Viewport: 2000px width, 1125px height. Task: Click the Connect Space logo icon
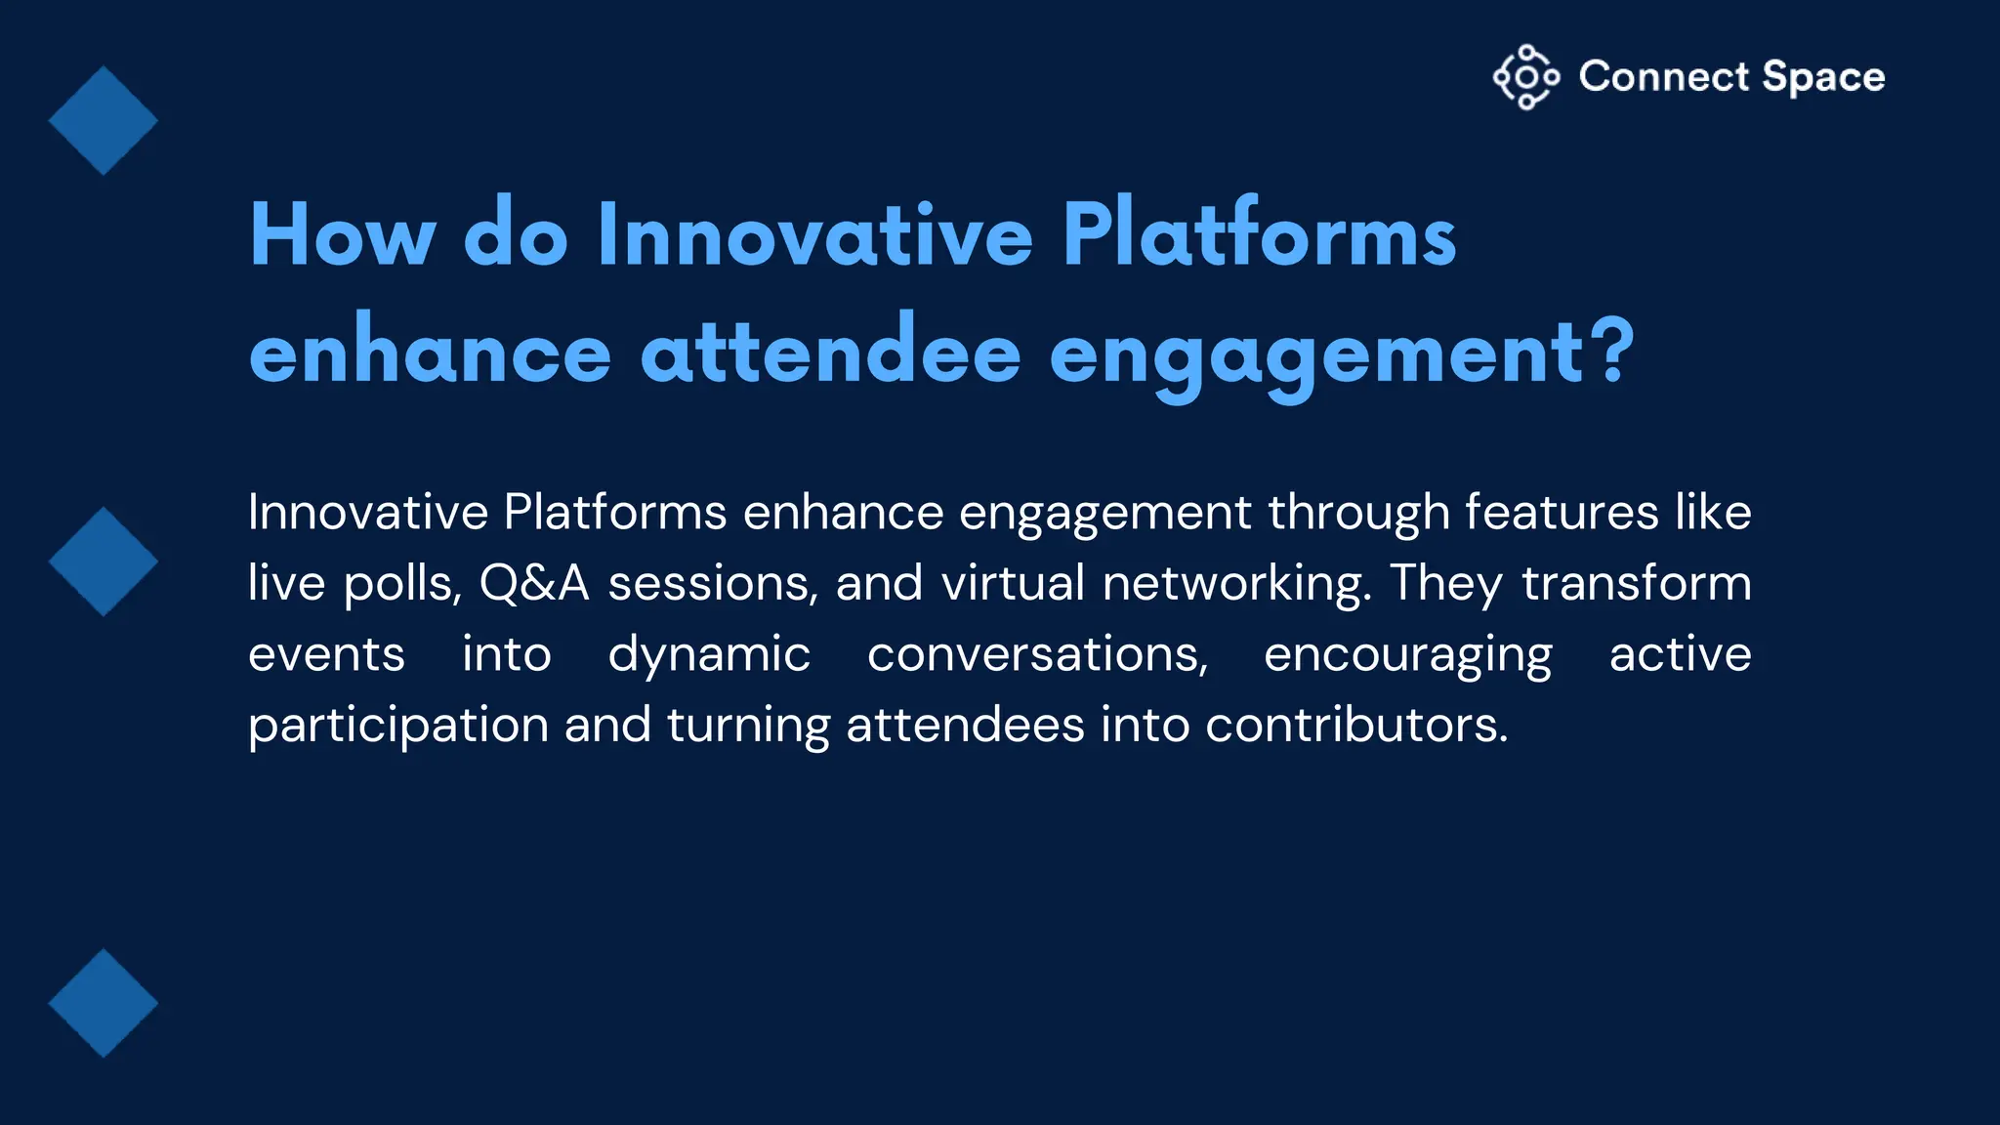(1526, 77)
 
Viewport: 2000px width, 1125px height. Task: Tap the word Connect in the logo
(1664, 76)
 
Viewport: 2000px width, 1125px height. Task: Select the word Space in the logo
(1823, 77)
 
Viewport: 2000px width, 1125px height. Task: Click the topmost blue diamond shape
(104, 121)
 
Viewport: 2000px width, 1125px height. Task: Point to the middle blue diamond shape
(104, 562)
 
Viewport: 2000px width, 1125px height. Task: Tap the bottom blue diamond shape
(104, 1003)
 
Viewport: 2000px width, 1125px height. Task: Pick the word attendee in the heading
(830, 353)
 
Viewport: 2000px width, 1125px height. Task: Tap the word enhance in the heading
(430, 353)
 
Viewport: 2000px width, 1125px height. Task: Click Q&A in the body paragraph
(534, 583)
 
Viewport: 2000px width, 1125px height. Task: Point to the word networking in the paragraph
(1236, 584)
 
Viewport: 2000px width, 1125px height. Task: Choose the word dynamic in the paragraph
(709, 655)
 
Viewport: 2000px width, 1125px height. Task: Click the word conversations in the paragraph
(1037, 654)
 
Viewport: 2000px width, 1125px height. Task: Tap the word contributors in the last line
(1356, 725)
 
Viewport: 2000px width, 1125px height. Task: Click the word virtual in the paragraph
(1013, 583)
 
